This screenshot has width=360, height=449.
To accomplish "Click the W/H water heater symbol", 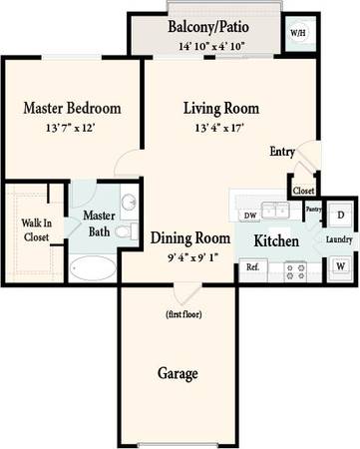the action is pyautogui.click(x=298, y=33).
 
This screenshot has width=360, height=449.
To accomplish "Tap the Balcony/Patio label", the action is pyautogui.click(x=208, y=27).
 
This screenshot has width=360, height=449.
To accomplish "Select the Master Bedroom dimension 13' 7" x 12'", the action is pyautogui.click(x=71, y=128).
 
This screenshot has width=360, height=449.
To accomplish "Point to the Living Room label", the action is pyautogui.click(x=221, y=109).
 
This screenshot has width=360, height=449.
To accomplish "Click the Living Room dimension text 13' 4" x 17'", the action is pyautogui.click(x=219, y=128).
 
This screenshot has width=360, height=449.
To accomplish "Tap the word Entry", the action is pyautogui.click(x=282, y=152).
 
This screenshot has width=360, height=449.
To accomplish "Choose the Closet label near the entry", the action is pyautogui.click(x=303, y=191).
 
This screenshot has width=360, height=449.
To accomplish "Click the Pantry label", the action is pyautogui.click(x=313, y=210).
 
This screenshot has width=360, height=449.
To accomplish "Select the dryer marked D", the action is pyautogui.click(x=340, y=215).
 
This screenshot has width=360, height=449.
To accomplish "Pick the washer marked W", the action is pyautogui.click(x=340, y=266).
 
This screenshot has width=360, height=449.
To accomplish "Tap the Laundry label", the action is pyautogui.click(x=339, y=239).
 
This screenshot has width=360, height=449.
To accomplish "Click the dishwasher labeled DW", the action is pyautogui.click(x=250, y=216).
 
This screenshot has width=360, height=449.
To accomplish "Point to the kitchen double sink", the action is pyautogui.click(x=275, y=210).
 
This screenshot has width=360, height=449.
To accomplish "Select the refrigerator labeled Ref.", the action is pyautogui.click(x=253, y=269).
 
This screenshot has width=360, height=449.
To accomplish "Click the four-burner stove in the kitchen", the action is pyautogui.click(x=295, y=271).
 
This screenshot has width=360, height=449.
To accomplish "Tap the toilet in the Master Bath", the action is pyautogui.click(x=127, y=231).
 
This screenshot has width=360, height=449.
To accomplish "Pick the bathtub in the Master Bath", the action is pyautogui.click(x=93, y=268).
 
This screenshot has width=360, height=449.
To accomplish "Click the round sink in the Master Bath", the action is pyautogui.click(x=129, y=202).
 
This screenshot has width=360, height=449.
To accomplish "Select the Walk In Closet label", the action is pyautogui.click(x=37, y=229).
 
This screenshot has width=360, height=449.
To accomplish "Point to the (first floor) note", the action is pyautogui.click(x=183, y=314).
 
